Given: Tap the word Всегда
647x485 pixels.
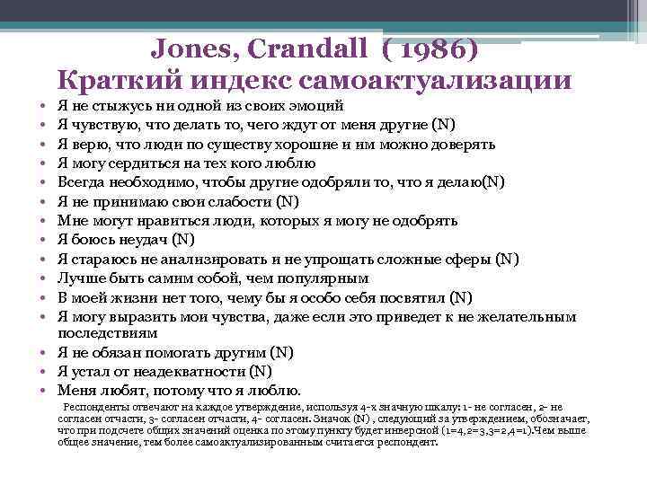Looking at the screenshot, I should coord(80,182).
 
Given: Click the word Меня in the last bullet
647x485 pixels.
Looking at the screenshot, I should coord(76,391).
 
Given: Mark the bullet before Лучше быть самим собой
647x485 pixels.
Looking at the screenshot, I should coord(44,278).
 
